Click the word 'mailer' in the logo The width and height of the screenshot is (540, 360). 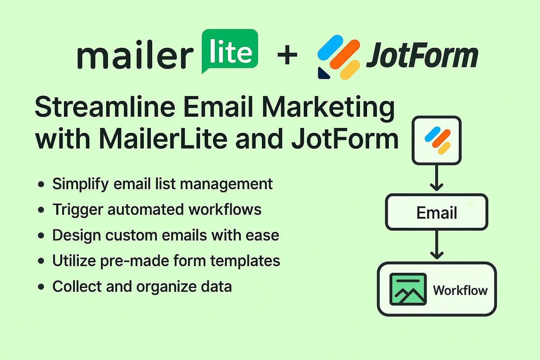coord(135,56)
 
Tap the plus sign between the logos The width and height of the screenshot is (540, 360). coord(287,55)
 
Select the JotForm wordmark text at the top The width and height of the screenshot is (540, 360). coord(422,56)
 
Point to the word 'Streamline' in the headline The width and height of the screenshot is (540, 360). coord(105,107)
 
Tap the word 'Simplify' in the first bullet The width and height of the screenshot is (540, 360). coord(81,184)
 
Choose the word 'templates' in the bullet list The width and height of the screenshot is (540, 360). coord(245,261)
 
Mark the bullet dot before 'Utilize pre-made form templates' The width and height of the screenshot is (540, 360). coord(41,261)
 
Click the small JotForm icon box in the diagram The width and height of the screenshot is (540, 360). coord(436,140)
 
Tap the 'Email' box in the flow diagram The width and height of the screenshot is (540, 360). coord(437,212)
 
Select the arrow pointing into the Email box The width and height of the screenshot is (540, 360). coord(436,179)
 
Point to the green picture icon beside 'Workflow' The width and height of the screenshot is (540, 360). coord(408,289)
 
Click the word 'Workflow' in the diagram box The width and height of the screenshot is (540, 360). coord(460,290)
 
